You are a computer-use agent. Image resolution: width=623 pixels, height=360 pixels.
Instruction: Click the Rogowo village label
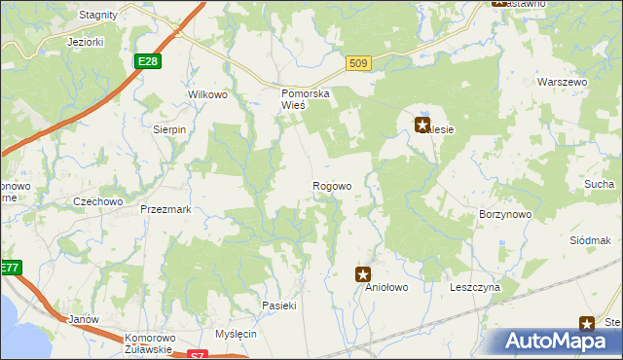point(331,186)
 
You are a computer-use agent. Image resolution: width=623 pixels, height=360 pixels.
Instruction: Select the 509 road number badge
point(358,63)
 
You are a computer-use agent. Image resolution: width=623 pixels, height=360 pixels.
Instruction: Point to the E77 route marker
point(9,268)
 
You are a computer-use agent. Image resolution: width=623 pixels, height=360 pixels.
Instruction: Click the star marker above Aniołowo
point(363,275)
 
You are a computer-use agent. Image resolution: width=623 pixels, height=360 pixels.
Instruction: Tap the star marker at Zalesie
point(422,125)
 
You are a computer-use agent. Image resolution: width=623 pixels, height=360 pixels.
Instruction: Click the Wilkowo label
point(206,94)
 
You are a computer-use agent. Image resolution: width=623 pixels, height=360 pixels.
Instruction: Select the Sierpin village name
point(169,128)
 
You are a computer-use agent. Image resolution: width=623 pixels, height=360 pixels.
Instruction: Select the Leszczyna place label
point(475,288)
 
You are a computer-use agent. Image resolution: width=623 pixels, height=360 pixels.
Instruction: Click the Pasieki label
point(278,306)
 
